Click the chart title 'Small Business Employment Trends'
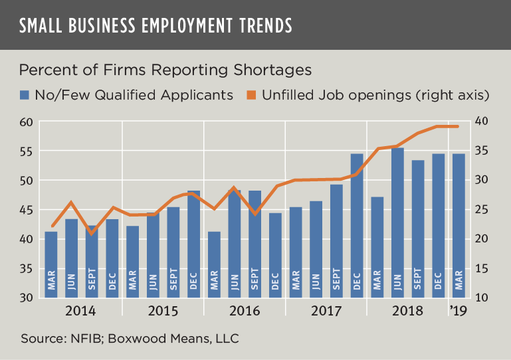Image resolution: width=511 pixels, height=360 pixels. click(155, 25)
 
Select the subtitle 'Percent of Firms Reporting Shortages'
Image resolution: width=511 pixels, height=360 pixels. click(165, 70)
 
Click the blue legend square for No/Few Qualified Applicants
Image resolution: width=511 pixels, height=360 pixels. click(25, 94)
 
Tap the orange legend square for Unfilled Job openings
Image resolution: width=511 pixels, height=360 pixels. click(253, 94)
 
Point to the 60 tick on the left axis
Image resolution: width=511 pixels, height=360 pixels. click(25, 122)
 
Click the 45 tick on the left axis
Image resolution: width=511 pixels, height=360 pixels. click(25, 209)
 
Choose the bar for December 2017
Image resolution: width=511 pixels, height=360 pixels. click(357, 226)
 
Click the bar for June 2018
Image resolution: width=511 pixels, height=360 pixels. click(397, 223)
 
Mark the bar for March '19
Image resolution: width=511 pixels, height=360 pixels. click(459, 226)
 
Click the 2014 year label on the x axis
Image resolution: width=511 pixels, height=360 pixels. click(81, 311)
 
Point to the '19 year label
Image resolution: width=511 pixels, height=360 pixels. click(459, 311)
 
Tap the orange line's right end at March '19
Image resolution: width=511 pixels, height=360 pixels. click(459, 126)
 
